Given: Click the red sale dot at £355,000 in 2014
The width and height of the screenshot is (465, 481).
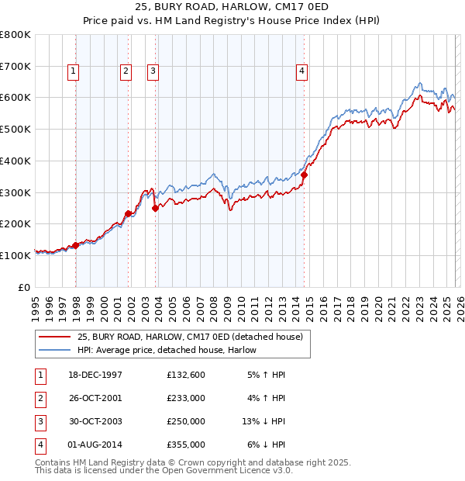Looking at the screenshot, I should pos(304,175).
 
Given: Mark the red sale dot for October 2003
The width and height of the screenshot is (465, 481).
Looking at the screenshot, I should pos(156,208).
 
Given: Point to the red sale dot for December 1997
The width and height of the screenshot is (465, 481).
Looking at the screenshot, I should pos(76,245).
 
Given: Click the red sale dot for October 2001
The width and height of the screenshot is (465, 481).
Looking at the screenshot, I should pos(128,213).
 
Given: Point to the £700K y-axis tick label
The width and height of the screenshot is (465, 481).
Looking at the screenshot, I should pos(15,67).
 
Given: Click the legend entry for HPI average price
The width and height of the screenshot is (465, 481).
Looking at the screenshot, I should pos(167,350).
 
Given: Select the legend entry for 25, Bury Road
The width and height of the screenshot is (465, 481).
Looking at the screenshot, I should pos(194,337).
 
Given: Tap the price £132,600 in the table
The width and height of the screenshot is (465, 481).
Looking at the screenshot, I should pos(186,375).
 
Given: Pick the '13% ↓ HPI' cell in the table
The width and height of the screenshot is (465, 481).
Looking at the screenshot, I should pos(263,421).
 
